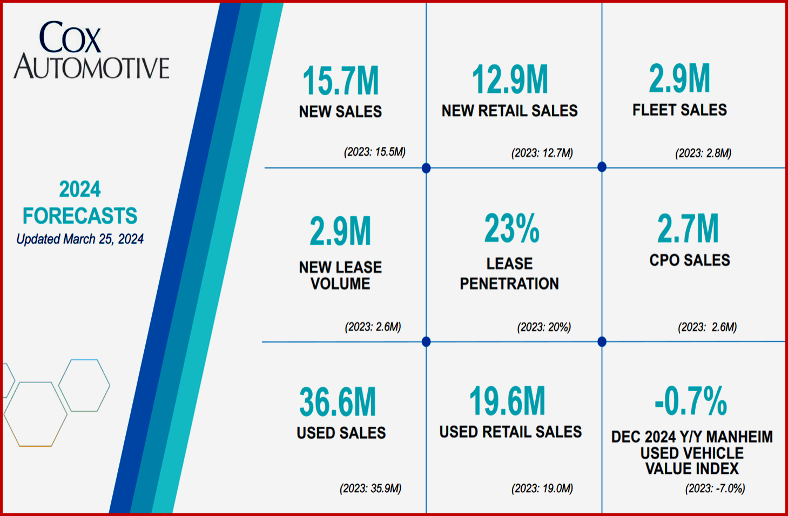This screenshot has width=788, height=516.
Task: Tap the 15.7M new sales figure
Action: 340,81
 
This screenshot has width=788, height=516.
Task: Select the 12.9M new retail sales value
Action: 510,79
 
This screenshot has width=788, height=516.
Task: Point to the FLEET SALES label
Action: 679,110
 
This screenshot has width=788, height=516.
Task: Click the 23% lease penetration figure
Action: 511,229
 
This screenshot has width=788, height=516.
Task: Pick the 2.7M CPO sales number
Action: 688,229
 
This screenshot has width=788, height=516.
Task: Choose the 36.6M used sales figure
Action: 338,403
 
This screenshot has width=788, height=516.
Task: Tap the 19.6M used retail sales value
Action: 507,401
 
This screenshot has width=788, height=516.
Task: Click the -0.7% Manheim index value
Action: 691,401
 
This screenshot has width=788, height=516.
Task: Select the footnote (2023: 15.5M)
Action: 374,152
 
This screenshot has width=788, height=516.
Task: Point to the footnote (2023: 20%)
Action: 544,327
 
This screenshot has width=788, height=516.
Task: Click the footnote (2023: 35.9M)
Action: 371,488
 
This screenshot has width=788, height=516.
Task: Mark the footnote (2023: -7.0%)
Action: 715,488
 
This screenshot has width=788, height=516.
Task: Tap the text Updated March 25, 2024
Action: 80,239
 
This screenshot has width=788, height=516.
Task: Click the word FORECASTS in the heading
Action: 80,216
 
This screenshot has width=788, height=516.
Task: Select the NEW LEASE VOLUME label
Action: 340,275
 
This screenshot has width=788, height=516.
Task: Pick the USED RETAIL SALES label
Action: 510,432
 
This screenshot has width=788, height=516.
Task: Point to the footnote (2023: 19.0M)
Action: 542,488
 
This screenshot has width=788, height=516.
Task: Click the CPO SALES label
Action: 690,260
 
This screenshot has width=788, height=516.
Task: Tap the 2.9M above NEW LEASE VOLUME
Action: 340,231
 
